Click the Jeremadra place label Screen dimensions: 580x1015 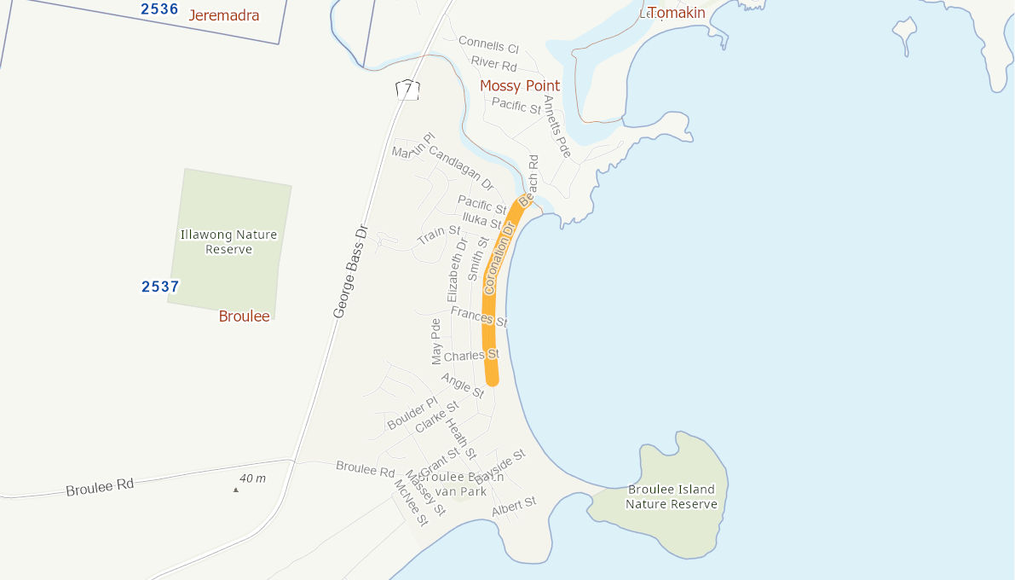pyautogui.click(x=223, y=15)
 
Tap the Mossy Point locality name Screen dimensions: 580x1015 pyautogui.click(x=520, y=86)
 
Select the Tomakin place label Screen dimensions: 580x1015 pyautogui.click(x=678, y=13)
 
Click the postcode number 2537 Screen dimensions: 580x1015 pyautogui.click(x=160, y=287)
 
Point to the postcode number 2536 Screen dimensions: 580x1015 pyautogui.click(x=159, y=9)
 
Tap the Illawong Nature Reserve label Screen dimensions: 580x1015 pyautogui.click(x=228, y=242)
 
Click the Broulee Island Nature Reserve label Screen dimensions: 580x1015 pyautogui.click(x=672, y=496)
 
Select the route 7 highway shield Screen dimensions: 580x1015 pyautogui.click(x=408, y=89)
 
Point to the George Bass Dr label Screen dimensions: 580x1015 pyautogui.click(x=349, y=272)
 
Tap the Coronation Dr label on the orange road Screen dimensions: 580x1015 pyautogui.click(x=500, y=258)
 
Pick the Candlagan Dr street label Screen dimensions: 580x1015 pyautogui.click(x=461, y=167)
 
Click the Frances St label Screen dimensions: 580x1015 pyautogui.click(x=479, y=317)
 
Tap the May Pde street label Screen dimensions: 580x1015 pyautogui.click(x=436, y=340)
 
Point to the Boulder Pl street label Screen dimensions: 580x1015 pyautogui.click(x=412, y=414)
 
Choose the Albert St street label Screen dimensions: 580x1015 pyautogui.click(x=514, y=507)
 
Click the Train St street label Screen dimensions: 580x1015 pyautogui.click(x=439, y=235)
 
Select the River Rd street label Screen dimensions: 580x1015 pyautogui.click(x=494, y=65)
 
